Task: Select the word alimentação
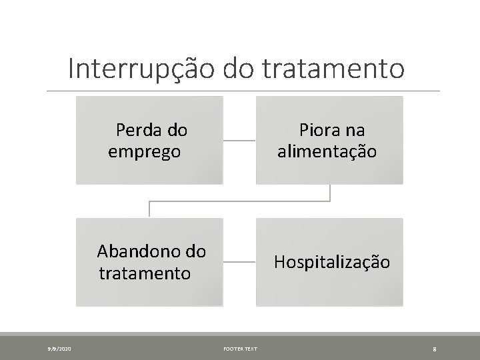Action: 327,151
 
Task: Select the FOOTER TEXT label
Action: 239,348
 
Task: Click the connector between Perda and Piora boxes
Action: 239,141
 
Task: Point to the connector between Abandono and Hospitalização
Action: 239,263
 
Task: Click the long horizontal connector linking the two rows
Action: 239,201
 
